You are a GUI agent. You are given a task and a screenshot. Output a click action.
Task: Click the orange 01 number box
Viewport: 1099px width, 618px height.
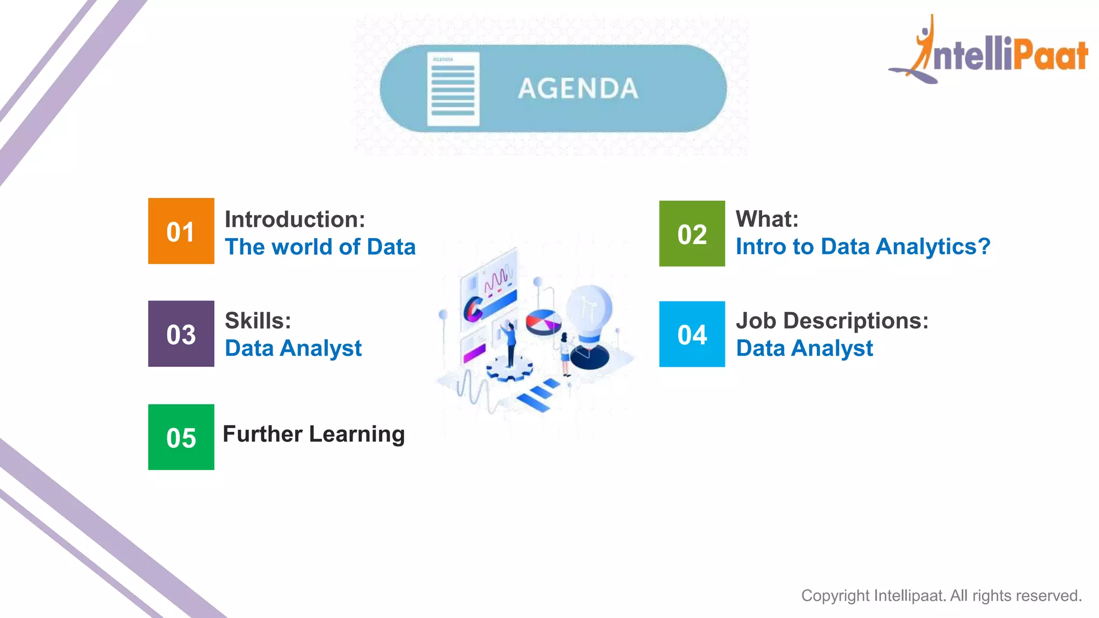coord(181,231)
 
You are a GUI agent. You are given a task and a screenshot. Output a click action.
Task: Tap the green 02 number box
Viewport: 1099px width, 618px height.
coord(692,233)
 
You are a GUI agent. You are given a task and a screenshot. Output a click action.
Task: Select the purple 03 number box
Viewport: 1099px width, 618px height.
coord(181,334)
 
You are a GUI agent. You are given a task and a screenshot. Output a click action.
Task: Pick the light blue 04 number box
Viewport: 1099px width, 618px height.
coord(692,334)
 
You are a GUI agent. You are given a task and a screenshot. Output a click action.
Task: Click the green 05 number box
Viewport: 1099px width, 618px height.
coord(181,437)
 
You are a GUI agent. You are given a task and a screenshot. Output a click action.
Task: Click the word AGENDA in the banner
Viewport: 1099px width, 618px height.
coord(578,89)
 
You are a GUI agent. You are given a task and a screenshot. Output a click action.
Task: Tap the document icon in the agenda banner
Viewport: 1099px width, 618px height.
coord(453,89)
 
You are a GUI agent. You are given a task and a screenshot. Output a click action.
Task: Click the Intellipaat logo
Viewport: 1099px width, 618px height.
coord(988,51)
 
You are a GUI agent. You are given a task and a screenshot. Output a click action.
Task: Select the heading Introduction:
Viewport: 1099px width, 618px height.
coord(295,219)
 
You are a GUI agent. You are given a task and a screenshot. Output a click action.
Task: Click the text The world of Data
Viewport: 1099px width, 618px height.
coord(320,247)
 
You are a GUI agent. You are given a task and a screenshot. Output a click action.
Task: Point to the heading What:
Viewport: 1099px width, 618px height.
coord(767,219)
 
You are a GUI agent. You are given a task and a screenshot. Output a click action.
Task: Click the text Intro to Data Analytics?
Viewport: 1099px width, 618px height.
coord(862,247)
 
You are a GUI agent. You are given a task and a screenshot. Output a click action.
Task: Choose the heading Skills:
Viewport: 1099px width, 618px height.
coord(258,321)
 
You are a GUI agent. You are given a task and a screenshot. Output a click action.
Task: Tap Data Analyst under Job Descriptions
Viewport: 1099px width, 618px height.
coord(804,348)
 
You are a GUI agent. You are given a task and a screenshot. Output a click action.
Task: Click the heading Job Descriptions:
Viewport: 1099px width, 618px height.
coord(832,321)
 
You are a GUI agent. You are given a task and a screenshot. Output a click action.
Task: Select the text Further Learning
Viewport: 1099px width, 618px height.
coord(313,434)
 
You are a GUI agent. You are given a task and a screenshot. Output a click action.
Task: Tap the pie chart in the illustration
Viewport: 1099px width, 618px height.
coord(543,322)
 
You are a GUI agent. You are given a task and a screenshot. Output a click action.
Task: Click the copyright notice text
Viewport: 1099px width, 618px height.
coord(941,595)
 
